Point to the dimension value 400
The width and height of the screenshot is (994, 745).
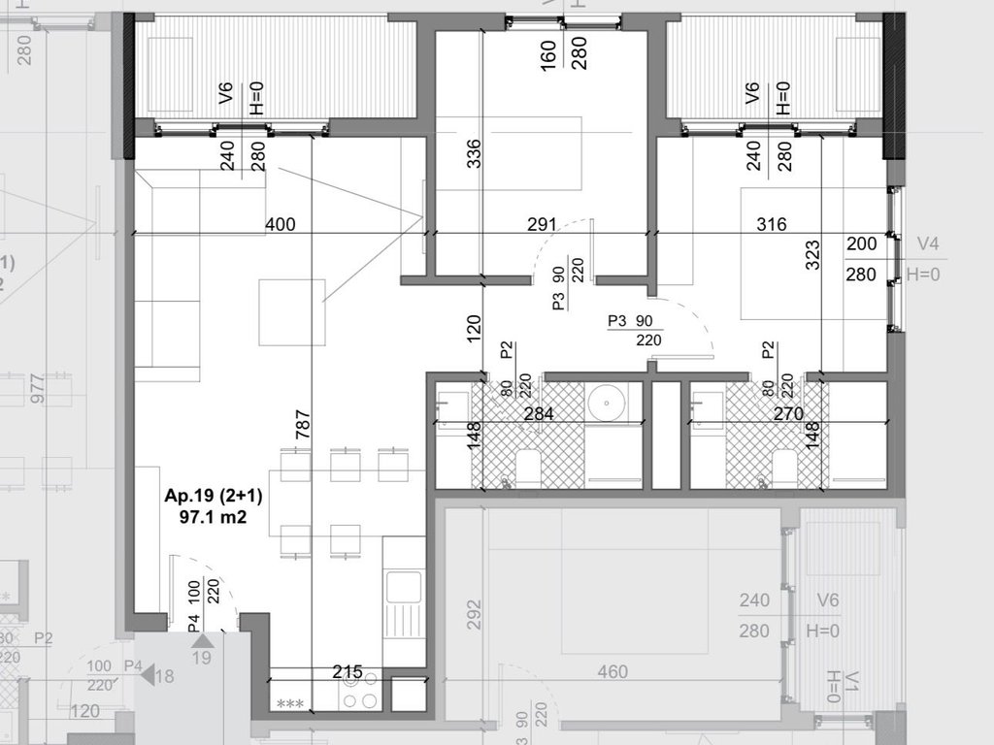click(280, 225)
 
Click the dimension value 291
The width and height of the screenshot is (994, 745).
click(542, 225)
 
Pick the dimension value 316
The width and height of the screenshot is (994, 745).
click(771, 225)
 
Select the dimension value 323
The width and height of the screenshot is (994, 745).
click(813, 255)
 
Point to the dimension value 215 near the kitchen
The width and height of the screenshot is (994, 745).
click(348, 671)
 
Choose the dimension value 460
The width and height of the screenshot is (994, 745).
click(613, 671)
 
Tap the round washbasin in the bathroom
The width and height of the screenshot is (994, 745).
click(608, 402)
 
